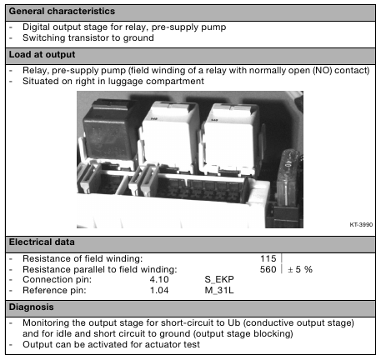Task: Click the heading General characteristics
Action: tap(62, 12)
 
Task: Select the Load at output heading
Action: tap(42, 55)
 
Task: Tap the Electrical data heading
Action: tap(42, 242)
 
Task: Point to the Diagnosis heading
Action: tap(31, 307)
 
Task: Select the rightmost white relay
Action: tap(231, 139)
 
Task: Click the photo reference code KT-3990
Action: tap(361, 224)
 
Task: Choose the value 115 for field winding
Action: tap(268, 258)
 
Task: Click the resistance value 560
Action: tap(268, 269)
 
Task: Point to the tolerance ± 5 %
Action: tap(300, 269)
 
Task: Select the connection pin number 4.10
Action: tap(159, 279)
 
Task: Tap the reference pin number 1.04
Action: tap(159, 290)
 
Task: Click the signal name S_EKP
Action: tap(219, 279)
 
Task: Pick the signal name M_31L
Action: tap(219, 290)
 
